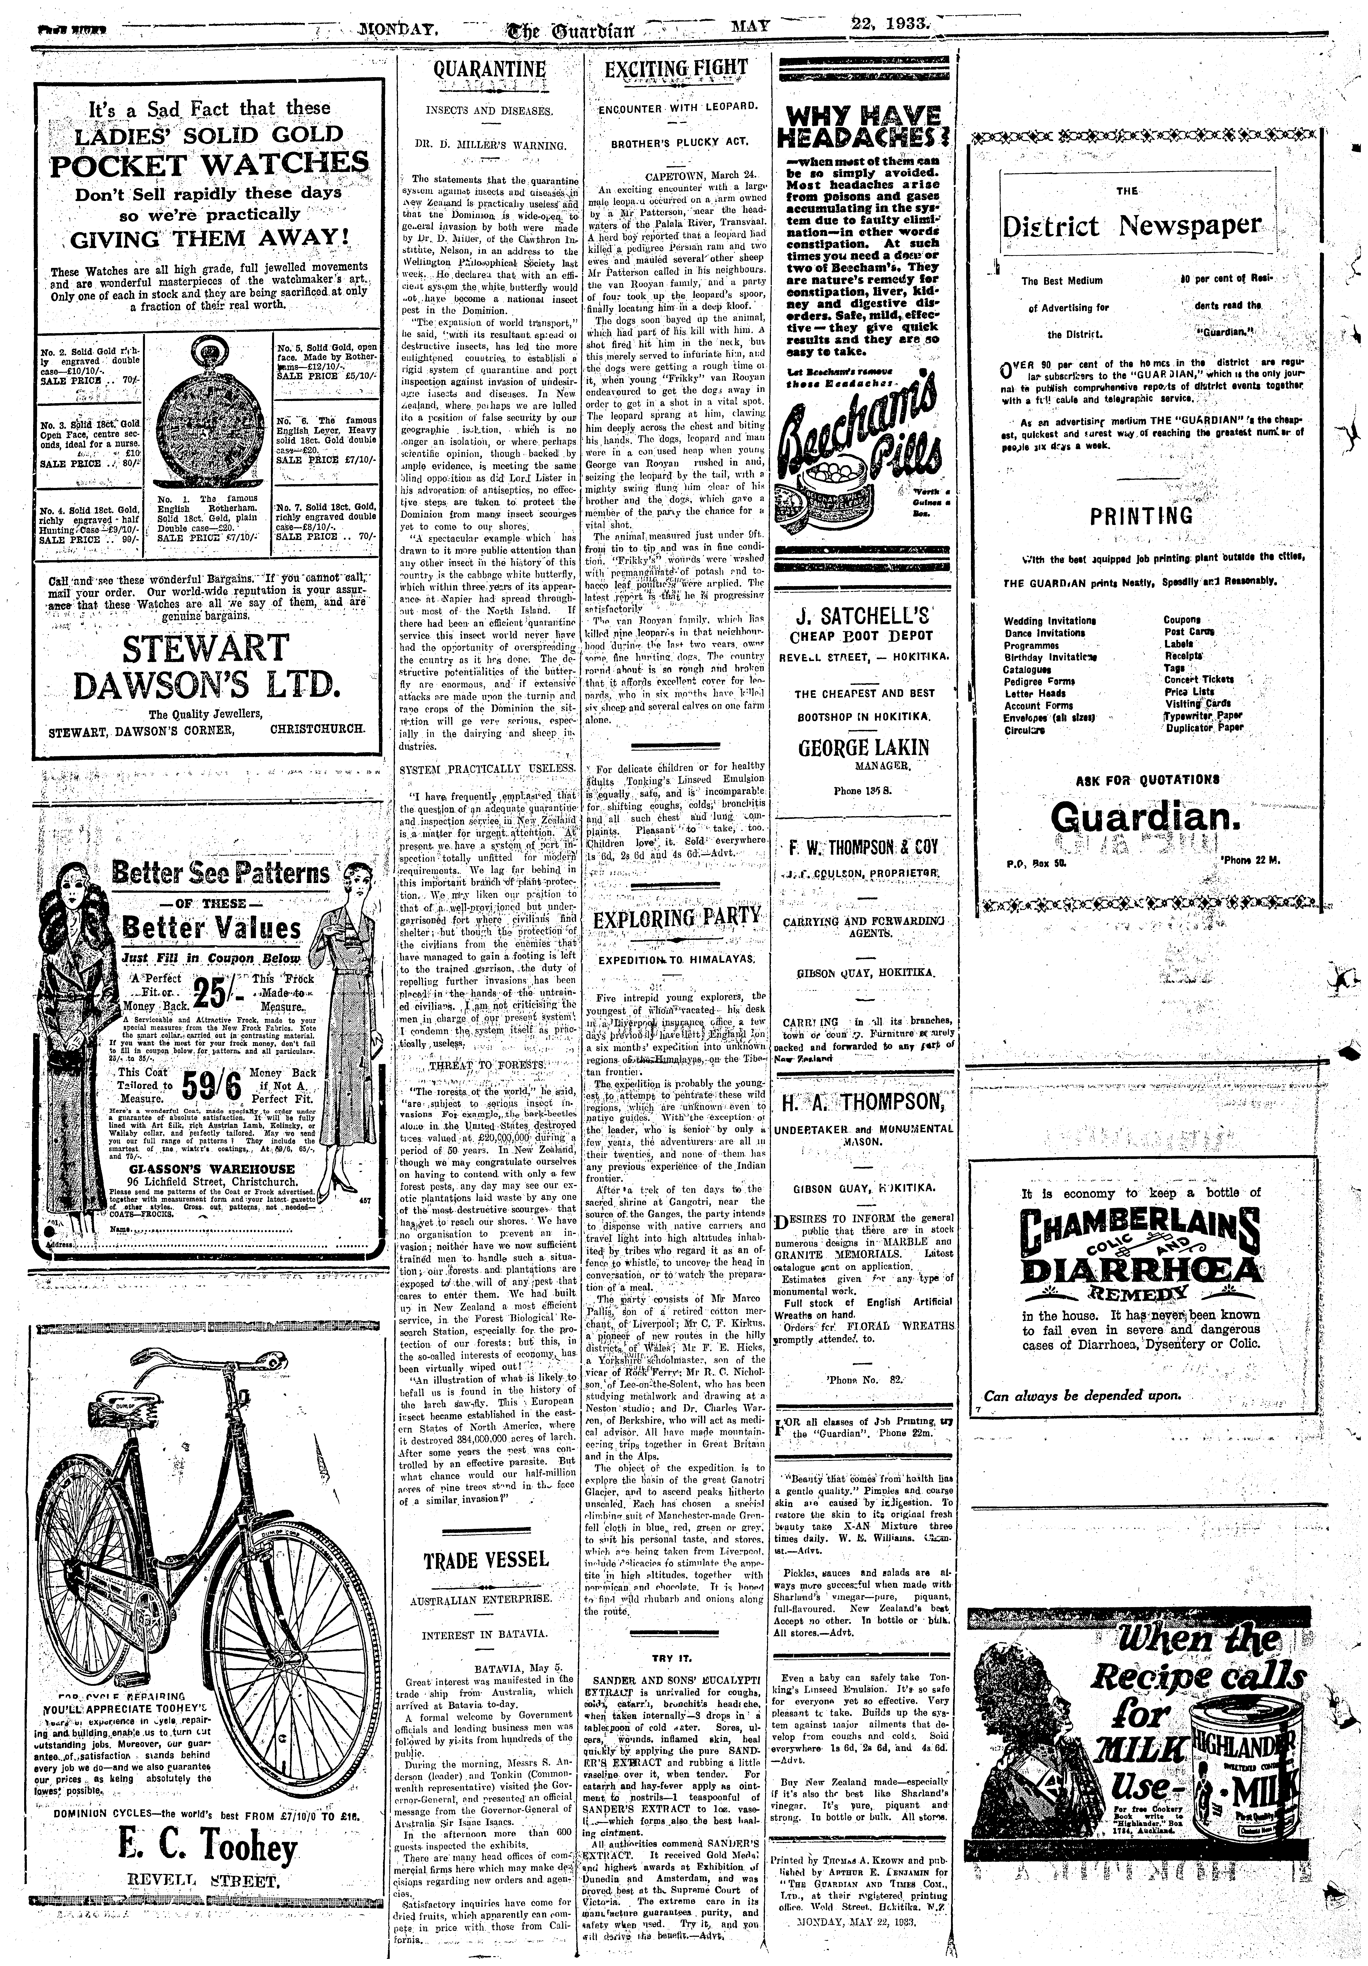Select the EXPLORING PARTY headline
click(x=676, y=919)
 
